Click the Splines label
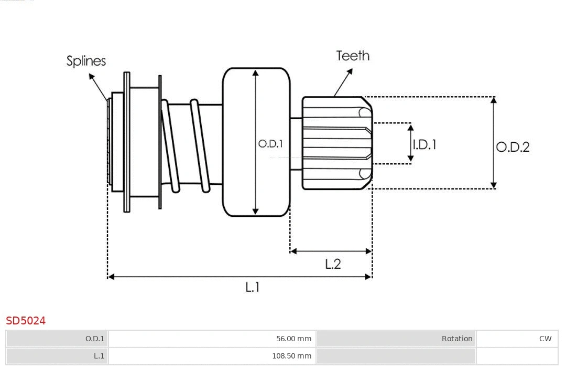pos(86,61)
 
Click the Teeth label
pos(353,56)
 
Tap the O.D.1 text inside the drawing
pos(270,143)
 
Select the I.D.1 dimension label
pos(424,144)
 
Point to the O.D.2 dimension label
pos(513,147)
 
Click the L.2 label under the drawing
pos(333,264)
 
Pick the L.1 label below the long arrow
pos(253,287)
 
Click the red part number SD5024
pos(26,321)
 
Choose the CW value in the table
pos(545,339)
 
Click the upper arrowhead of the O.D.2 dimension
pos(493,100)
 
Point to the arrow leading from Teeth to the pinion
pos(344,82)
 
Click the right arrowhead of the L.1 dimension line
pos(369,277)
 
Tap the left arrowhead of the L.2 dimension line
pos(293,251)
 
